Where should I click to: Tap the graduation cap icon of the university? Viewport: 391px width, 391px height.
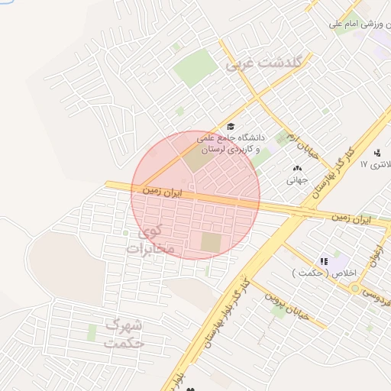coord(231,127)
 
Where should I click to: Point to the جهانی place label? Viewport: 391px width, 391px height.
coord(296,181)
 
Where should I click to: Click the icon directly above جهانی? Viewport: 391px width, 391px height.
coord(297,168)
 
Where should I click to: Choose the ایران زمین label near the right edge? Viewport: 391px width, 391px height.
coord(351,218)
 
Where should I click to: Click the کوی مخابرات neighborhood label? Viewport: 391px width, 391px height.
coord(151,240)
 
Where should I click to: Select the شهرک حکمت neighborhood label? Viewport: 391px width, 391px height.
coord(125,334)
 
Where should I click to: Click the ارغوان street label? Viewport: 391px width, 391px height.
coord(376,253)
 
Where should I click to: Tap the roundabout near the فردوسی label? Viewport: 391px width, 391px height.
coord(356,288)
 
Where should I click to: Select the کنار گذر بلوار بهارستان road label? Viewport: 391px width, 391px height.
coord(224,312)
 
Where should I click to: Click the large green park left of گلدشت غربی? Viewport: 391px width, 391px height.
coord(195,68)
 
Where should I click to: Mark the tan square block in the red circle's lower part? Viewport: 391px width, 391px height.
coord(210,243)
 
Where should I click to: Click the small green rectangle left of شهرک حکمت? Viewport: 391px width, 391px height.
coord(92,333)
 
